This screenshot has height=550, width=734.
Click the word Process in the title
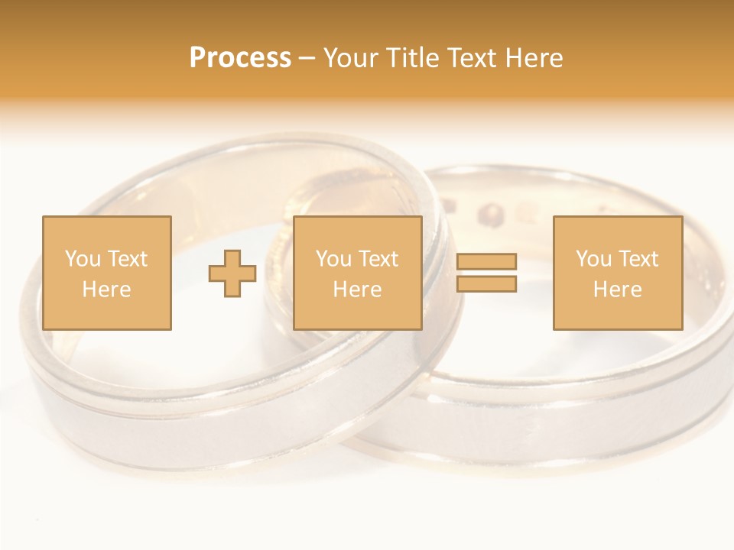[240, 58]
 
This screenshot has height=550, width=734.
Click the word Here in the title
[534, 58]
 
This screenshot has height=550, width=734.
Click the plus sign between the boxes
[232, 273]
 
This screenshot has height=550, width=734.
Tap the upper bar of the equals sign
[486, 262]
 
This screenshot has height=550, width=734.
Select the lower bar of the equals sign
[486, 284]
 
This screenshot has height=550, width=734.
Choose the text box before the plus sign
[106, 273]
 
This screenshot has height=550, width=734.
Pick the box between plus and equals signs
[357, 273]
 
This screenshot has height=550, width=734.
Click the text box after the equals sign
[617, 273]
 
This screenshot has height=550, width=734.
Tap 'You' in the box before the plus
[83, 259]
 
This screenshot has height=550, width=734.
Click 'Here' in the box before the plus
[106, 290]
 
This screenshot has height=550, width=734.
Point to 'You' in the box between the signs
[333, 259]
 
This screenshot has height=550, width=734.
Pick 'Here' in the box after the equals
[617, 290]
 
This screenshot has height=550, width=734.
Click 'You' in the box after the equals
[593, 259]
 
